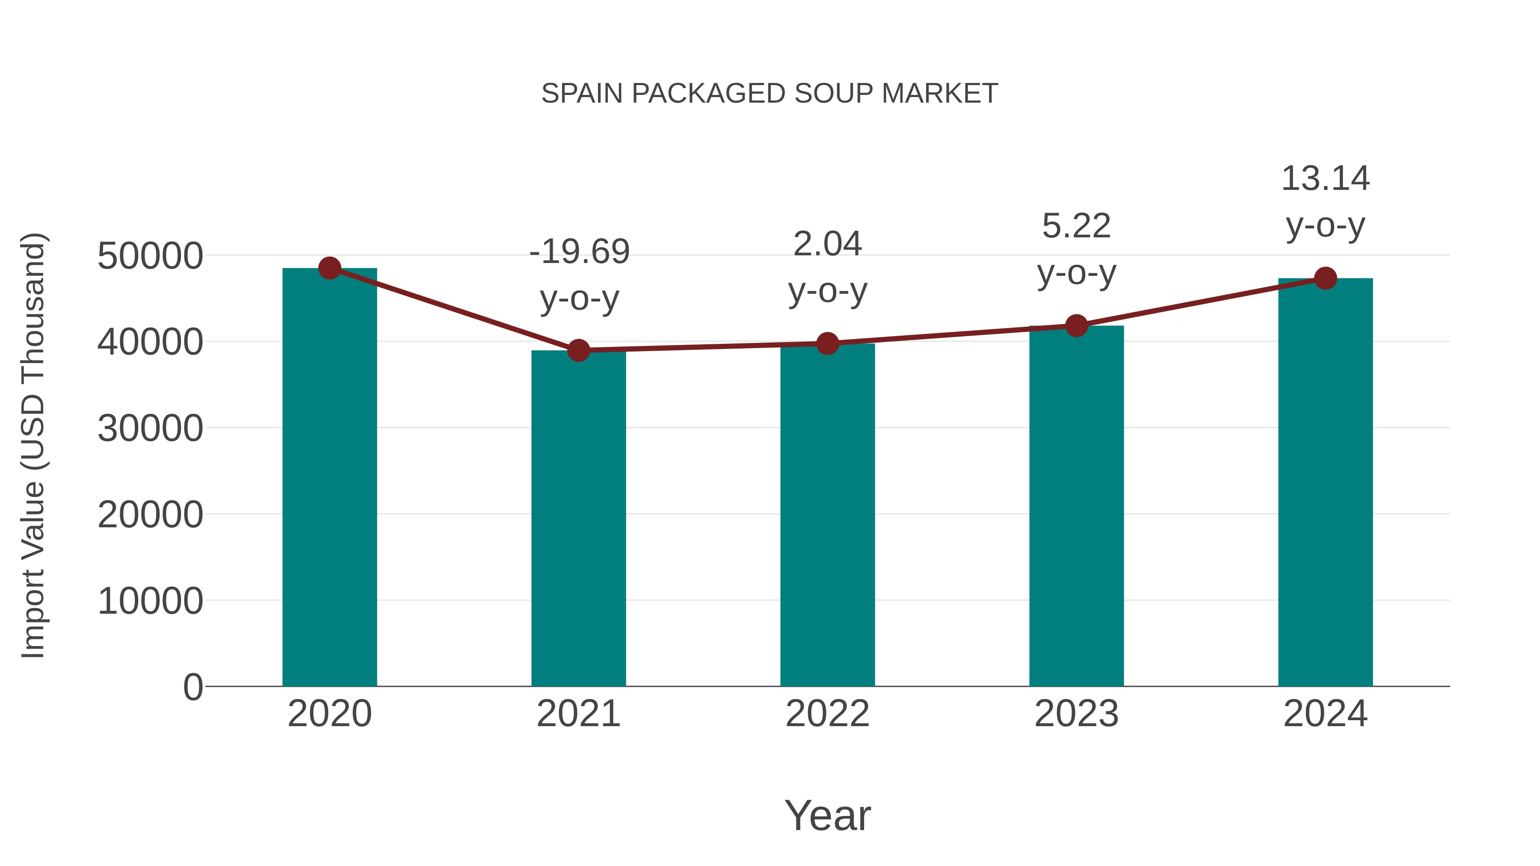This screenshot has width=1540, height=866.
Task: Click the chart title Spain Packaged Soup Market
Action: (770, 94)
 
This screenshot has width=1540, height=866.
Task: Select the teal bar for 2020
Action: (329, 478)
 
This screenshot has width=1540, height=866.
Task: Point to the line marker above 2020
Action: (329, 268)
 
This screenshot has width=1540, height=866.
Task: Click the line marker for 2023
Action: (1076, 326)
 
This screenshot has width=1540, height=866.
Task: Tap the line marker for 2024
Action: (1325, 278)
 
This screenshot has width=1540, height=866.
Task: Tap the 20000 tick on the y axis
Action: (150, 514)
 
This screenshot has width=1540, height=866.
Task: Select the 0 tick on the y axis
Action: (192, 687)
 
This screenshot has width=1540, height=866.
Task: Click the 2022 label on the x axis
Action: (827, 714)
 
